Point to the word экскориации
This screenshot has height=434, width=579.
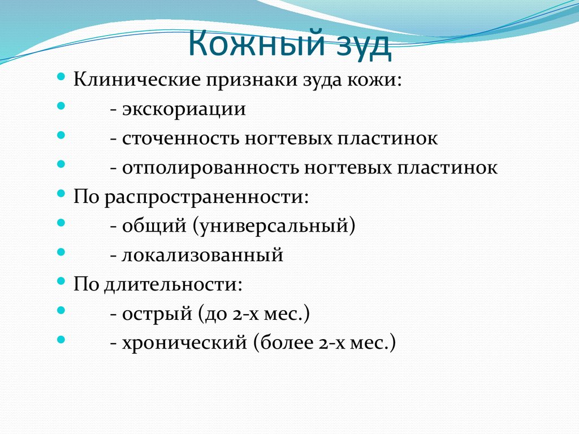coord(184,108)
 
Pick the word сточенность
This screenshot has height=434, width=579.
coord(178,138)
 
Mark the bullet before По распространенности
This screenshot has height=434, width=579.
coord(62,194)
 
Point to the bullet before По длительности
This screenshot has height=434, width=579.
coord(62,282)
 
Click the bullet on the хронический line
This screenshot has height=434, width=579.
coord(62,341)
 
